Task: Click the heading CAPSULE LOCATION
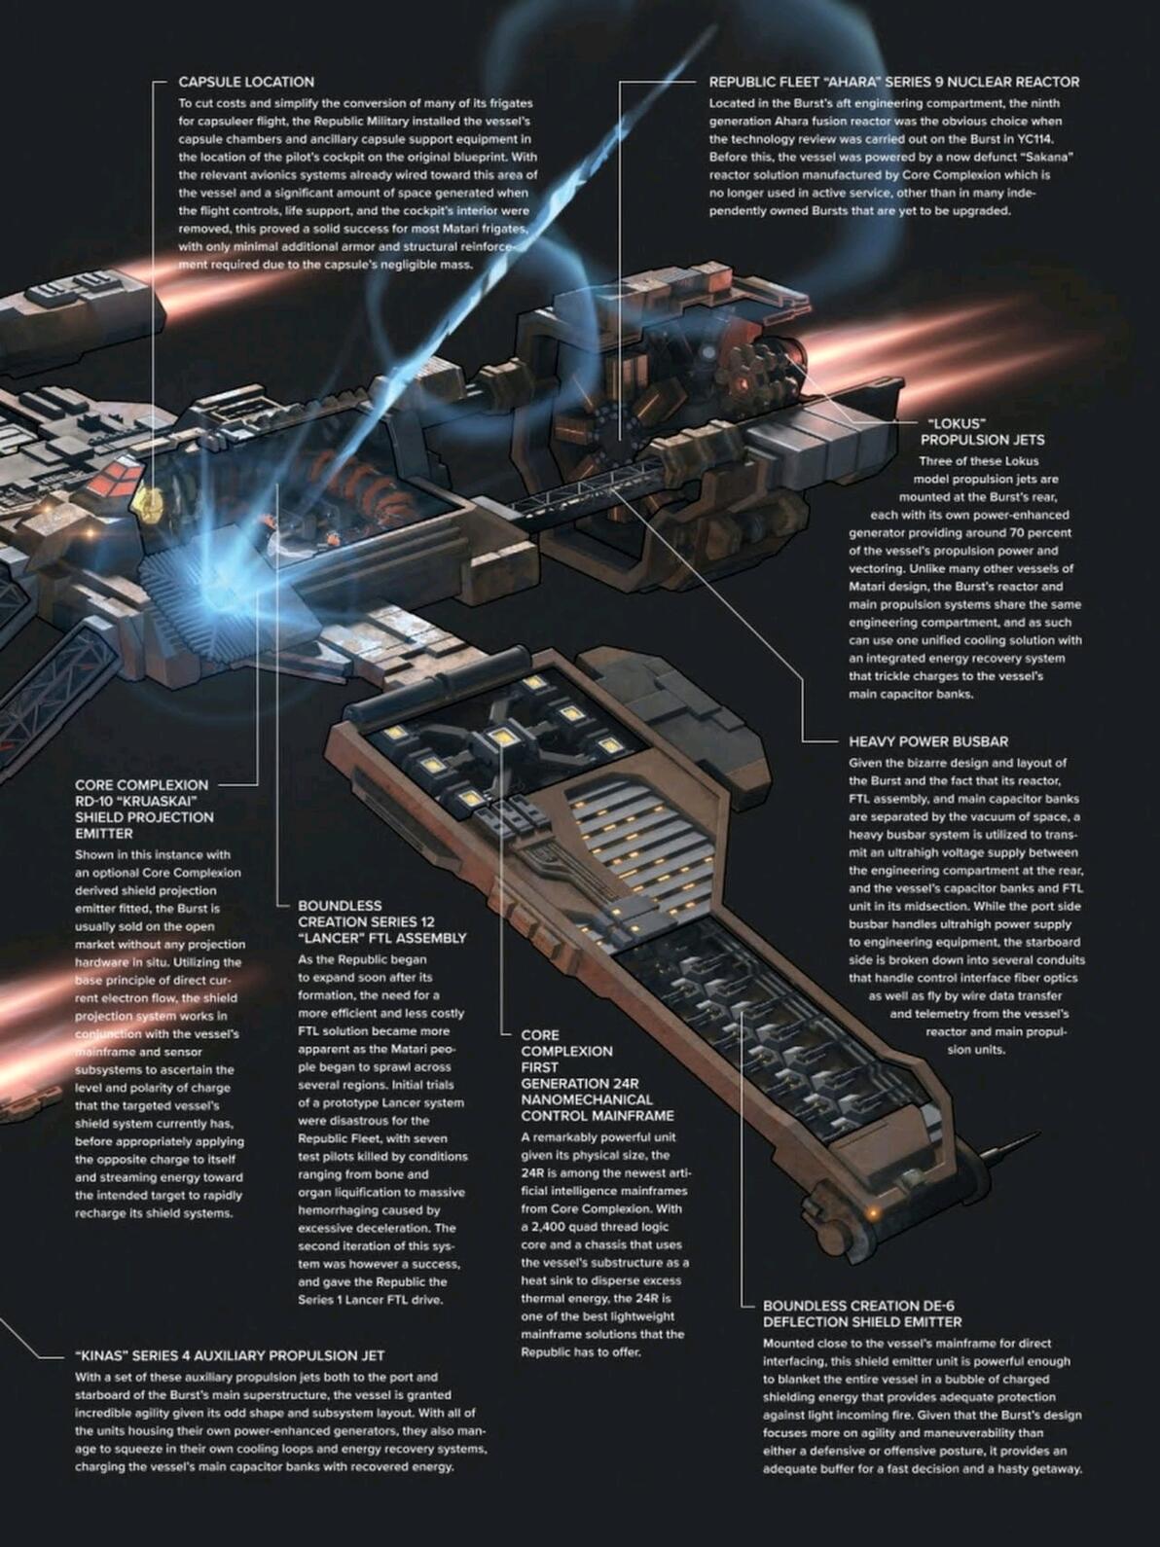pos(246,82)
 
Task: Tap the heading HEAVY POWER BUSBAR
pos(927,741)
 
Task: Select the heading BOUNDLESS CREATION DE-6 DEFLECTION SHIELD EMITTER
pos(861,1313)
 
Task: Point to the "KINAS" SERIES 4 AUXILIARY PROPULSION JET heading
pos(230,1355)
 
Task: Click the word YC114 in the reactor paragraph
pos(1035,139)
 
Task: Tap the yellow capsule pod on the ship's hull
pos(147,502)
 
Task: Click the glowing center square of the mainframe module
pos(501,737)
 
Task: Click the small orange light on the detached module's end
pos(873,1213)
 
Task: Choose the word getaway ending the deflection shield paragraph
pos(1055,1468)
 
